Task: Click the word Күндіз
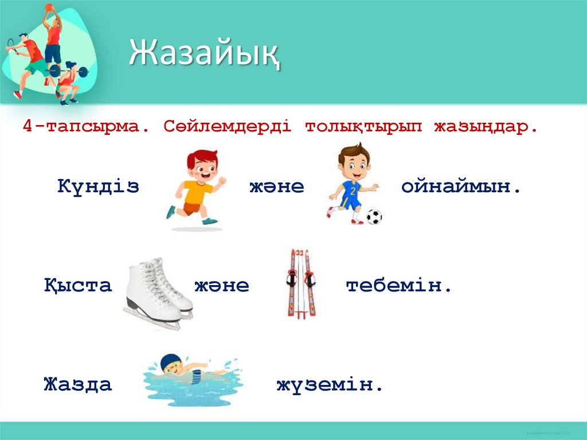[x=98, y=186]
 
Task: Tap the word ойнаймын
[x=461, y=186]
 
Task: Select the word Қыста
[x=78, y=285]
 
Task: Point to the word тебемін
[x=399, y=285]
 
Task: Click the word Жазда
[x=78, y=384]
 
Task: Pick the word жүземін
[x=329, y=384]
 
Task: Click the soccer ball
[x=374, y=216]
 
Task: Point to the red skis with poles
[x=302, y=282]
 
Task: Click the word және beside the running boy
[x=276, y=186]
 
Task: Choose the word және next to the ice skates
[x=222, y=285]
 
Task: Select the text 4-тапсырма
[x=85, y=126]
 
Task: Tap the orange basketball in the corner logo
[x=49, y=7]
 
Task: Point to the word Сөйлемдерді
[x=227, y=126]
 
